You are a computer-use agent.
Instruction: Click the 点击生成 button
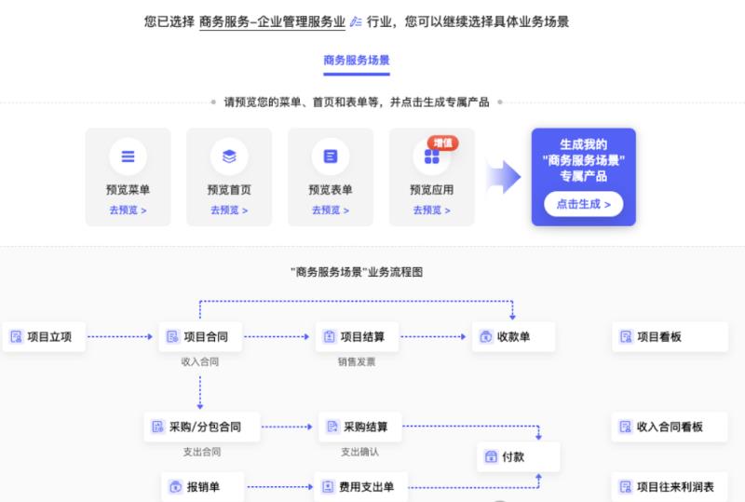tap(584, 204)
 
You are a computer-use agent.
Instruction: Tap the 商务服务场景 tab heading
tap(357, 61)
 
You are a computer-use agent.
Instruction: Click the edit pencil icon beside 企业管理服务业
tap(356, 21)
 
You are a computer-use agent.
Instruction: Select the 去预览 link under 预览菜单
tap(128, 210)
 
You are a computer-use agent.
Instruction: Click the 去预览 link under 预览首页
tap(229, 210)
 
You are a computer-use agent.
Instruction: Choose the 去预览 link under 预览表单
tap(331, 210)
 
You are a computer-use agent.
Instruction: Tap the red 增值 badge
tap(443, 143)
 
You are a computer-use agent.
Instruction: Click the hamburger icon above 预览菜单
tap(128, 156)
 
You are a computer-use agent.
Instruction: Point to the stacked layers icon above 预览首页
tap(229, 156)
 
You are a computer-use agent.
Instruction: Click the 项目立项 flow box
tap(44, 336)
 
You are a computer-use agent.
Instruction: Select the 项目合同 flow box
tap(200, 336)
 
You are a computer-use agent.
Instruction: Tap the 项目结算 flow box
tap(357, 336)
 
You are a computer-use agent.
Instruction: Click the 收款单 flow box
tap(513, 336)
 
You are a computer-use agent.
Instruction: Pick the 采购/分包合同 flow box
tap(202, 427)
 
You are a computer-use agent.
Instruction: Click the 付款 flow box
tap(519, 457)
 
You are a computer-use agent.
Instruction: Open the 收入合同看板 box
tap(670, 427)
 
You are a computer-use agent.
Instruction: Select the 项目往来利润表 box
tap(670, 487)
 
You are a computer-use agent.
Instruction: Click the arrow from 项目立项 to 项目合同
tap(121, 336)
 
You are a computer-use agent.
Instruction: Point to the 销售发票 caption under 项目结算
tap(357, 361)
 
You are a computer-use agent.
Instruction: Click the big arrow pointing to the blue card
tap(504, 177)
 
